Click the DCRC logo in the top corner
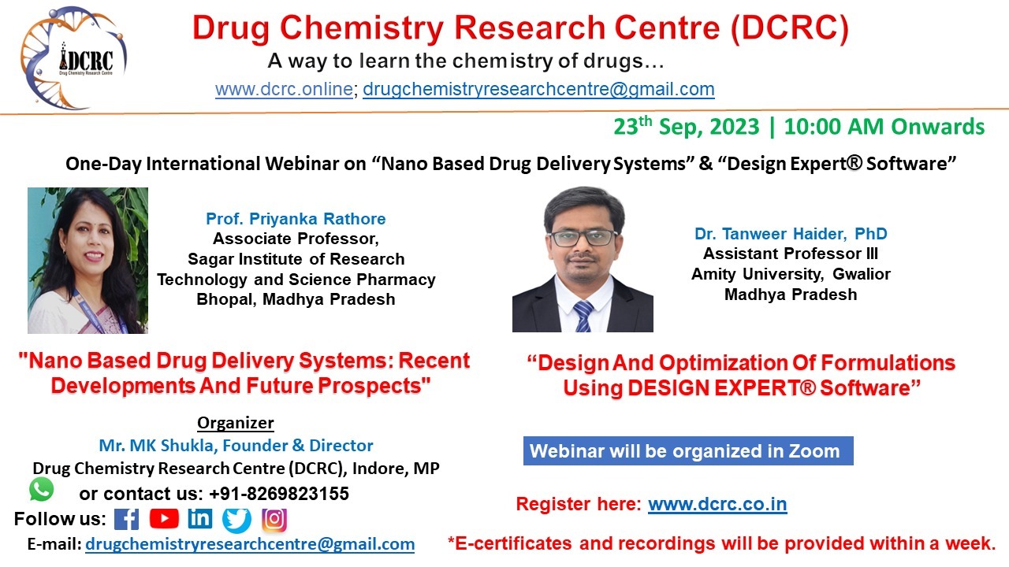click(74, 58)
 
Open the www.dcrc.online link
click(284, 89)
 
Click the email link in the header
click(538, 89)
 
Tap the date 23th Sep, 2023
click(687, 127)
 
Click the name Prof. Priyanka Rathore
click(296, 219)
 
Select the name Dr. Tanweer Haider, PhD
click(791, 234)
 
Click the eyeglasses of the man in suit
click(583, 237)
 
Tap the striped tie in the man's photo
click(583, 315)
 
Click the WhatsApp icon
click(42, 489)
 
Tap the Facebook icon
click(126, 519)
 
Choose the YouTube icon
click(164, 519)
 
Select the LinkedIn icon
click(200, 519)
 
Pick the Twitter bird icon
click(236, 520)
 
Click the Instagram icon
click(274, 520)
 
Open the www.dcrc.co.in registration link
click(717, 504)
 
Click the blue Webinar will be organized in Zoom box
click(687, 451)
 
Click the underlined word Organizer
click(235, 423)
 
